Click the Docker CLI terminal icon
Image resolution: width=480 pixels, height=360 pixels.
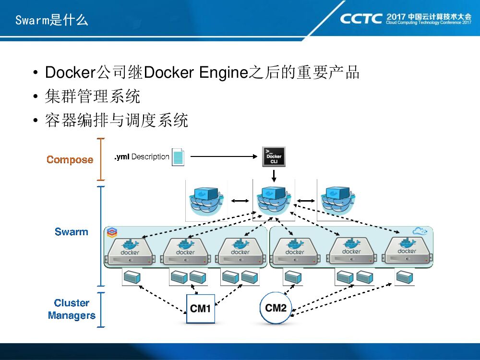(274, 157)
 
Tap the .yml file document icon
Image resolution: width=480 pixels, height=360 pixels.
(178, 157)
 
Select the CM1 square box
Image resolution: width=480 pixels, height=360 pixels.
(201, 309)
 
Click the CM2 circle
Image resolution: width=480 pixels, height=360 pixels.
(276, 308)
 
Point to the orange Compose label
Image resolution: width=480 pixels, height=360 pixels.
(70, 159)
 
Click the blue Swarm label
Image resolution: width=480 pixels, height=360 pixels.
(72, 232)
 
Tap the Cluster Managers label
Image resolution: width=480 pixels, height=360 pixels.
(72, 309)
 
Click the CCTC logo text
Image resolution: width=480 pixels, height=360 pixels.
(361, 19)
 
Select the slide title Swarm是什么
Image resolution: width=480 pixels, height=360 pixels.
(52, 20)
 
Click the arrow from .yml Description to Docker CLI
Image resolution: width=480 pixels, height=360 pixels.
(224, 156)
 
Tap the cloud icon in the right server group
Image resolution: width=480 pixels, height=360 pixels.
(420, 231)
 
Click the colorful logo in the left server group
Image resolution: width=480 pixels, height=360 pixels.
(112, 233)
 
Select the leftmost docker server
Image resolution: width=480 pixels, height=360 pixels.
(130, 251)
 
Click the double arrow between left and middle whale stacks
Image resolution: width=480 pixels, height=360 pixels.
(240, 201)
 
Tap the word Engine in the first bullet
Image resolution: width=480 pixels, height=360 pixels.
(224, 73)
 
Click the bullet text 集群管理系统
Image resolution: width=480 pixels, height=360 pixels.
(93, 96)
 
